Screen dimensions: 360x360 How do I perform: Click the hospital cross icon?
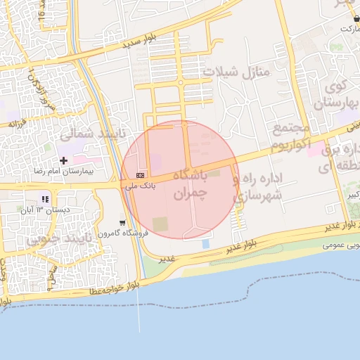(x=63, y=161)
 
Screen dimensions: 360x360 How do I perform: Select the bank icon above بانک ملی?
(x=141, y=175)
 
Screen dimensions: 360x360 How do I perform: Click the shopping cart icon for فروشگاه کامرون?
(x=123, y=223)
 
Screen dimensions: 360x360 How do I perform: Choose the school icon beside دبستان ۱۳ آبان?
(x=45, y=199)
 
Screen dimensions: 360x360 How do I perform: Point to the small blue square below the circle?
(x=205, y=243)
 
